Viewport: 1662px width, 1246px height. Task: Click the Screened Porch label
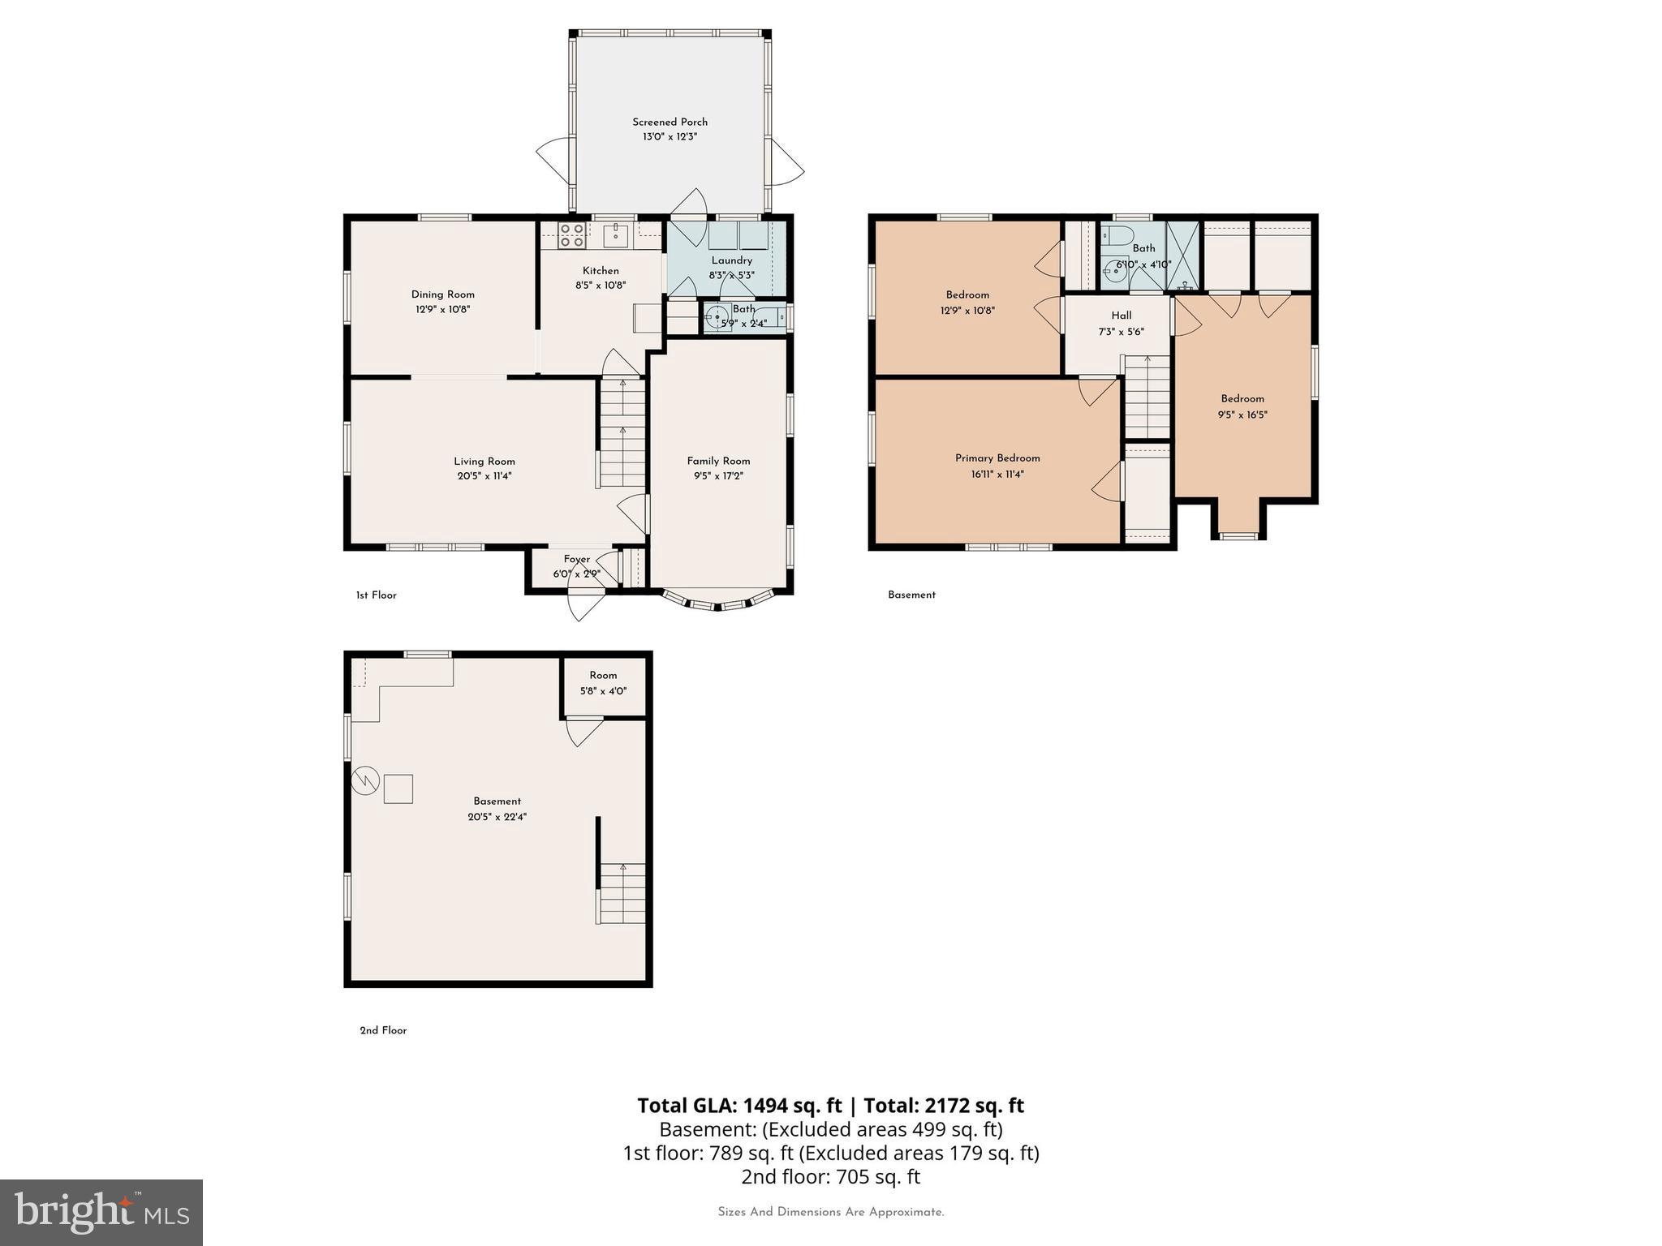click(x=670, y=122)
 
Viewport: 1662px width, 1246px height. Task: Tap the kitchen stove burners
click(x=571, y=234)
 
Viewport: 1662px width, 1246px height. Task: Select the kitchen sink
click(x=617, y=234)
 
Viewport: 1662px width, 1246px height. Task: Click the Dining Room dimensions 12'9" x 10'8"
click(x=442, y=309)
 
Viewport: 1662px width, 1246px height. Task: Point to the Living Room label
click(x=484, y=461)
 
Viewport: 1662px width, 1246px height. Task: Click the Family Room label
click(x=718, y=461)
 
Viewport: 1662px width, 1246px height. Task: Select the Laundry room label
click(x=731, y=260)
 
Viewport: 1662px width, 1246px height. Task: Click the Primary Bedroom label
click(x=997, y=458)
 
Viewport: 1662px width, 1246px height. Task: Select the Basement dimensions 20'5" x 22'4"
click(x=497, y=817)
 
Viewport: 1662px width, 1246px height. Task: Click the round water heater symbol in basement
click(x=365, y=780)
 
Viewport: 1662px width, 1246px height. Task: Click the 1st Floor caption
click(x=376, y=595)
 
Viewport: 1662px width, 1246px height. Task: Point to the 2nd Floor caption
click(x=383, y=1030)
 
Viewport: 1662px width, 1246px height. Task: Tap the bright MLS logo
click(x=101, y=1213)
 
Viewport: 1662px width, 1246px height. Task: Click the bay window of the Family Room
click(x=717, y=603)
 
